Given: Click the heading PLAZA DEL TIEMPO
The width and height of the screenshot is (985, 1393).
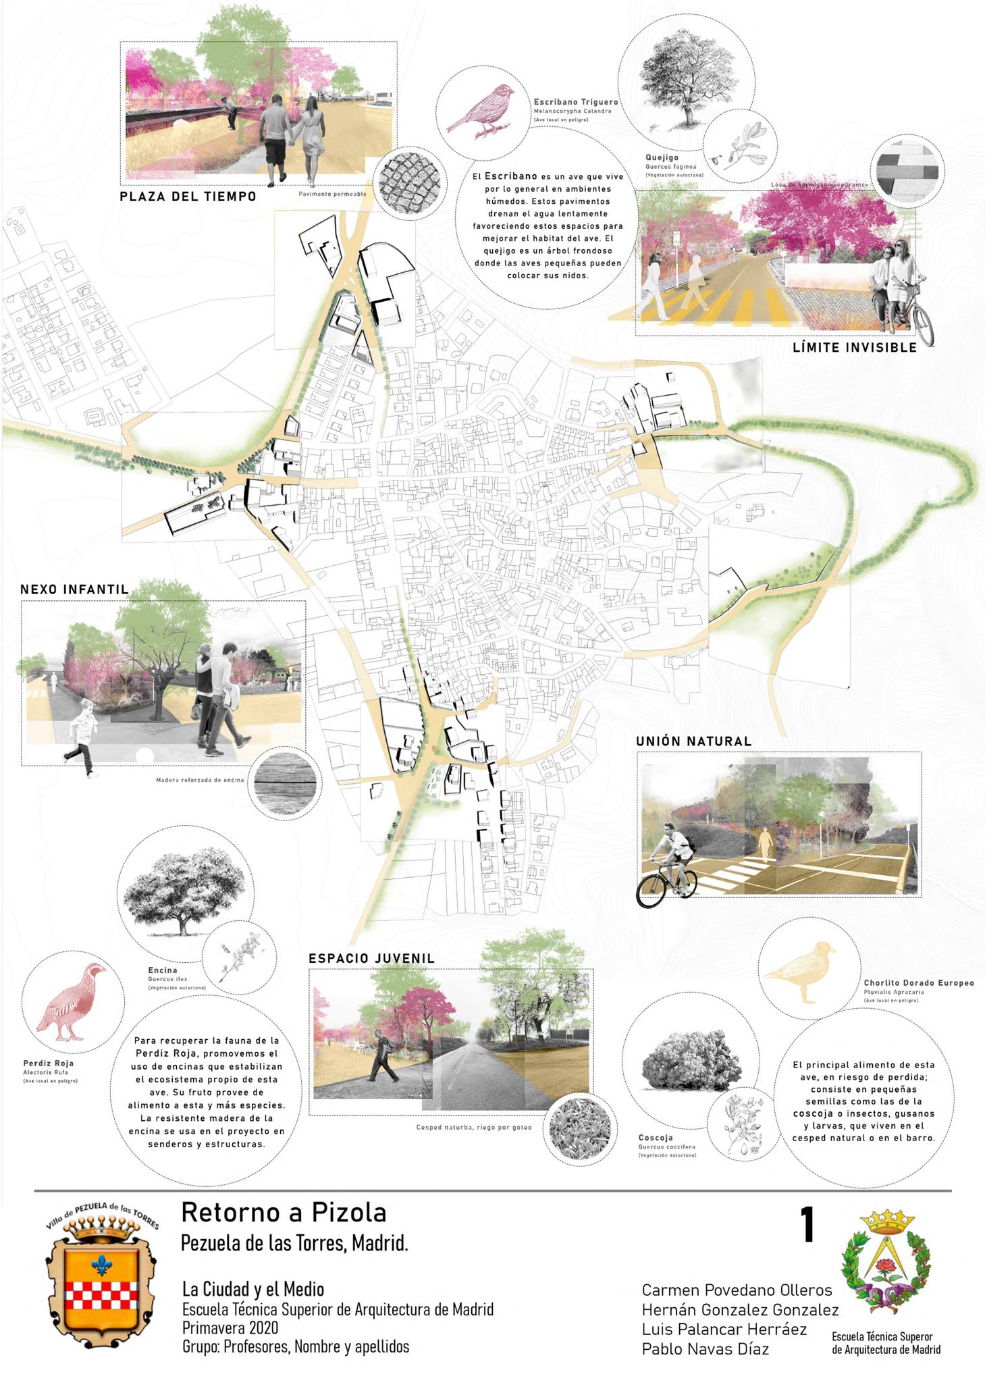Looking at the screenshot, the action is (188, 197).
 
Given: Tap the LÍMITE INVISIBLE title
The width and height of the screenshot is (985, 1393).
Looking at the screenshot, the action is (855, 348).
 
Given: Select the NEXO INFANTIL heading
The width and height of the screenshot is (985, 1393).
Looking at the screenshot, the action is (74, 589).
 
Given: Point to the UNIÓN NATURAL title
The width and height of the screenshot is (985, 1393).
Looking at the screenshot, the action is (693, 741).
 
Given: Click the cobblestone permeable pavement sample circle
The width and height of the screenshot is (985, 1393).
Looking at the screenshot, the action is (411, 183).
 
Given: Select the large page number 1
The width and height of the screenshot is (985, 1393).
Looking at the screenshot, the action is (807, 1225).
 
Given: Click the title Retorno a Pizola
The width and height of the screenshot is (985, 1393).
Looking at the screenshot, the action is (284, 1213).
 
